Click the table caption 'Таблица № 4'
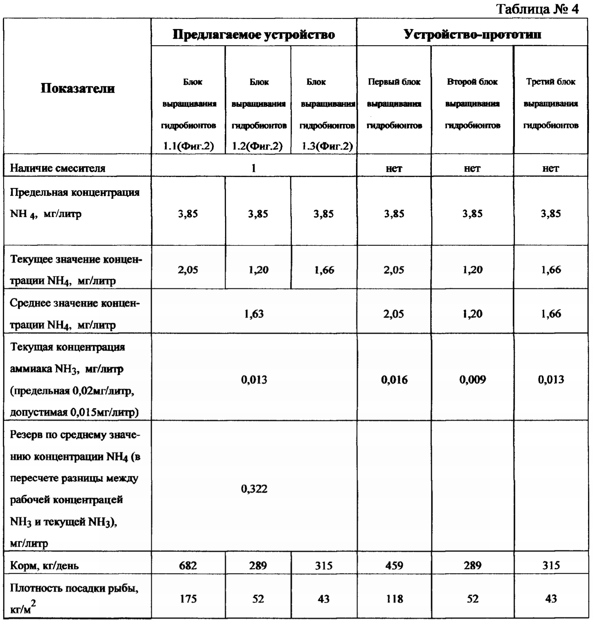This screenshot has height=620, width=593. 537,9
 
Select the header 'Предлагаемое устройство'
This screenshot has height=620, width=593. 254,35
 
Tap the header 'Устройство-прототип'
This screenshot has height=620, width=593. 472,35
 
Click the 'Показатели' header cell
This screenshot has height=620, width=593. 78,88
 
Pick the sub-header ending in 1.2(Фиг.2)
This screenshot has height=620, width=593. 258,114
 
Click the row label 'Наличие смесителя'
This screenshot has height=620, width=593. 57,168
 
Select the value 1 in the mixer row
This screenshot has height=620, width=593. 254,168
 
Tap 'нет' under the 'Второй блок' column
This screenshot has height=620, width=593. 472,168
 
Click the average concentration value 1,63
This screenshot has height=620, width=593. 254,314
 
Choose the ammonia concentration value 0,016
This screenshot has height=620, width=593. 394,380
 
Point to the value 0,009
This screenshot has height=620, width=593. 472,380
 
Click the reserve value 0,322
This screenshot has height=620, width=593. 254,489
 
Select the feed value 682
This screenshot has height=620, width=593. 188,565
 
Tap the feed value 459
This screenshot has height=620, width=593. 394,565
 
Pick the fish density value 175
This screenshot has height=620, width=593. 188,599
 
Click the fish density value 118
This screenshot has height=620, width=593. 394,599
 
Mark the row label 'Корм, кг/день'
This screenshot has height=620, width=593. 44,565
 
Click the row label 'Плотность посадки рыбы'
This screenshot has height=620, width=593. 74,589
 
